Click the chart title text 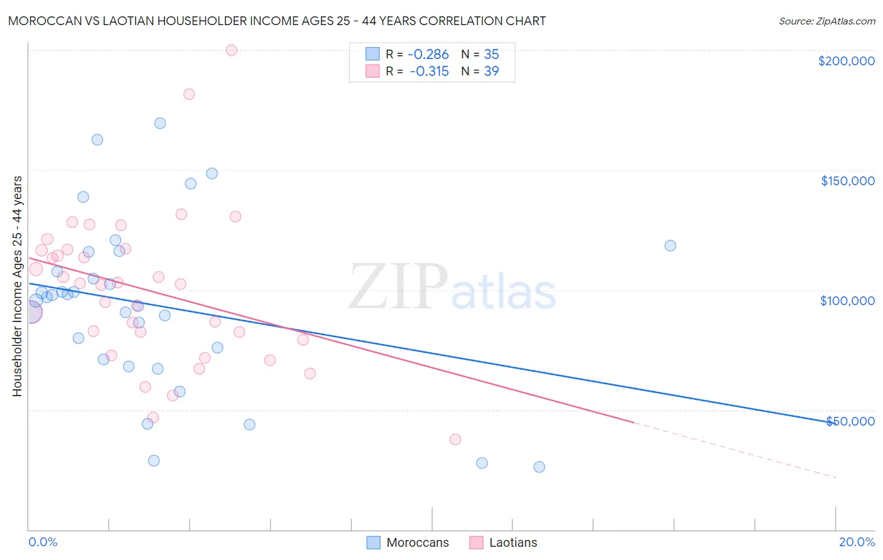click(x=277, y=21)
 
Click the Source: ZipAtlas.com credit click(x=826, y=21)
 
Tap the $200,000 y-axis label click(x=846, y=61)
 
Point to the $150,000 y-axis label click(x=847, y=181)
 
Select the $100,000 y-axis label click(x=847, y=301)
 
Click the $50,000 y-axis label click(x=850, y=421)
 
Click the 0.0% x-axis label click(x=43, y=542)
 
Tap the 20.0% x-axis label click(x=857, y=542)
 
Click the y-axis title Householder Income click(x=17, y=286)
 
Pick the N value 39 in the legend click(x=491, y=72)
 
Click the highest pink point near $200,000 click(x=231, y=50)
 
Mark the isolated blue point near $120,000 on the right click(x=670, y=245)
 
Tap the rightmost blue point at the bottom click(x=539, y=466)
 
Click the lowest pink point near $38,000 click(x=455, y=439)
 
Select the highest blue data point click(x=160, y=123)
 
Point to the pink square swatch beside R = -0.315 click(x=372, y=72)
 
